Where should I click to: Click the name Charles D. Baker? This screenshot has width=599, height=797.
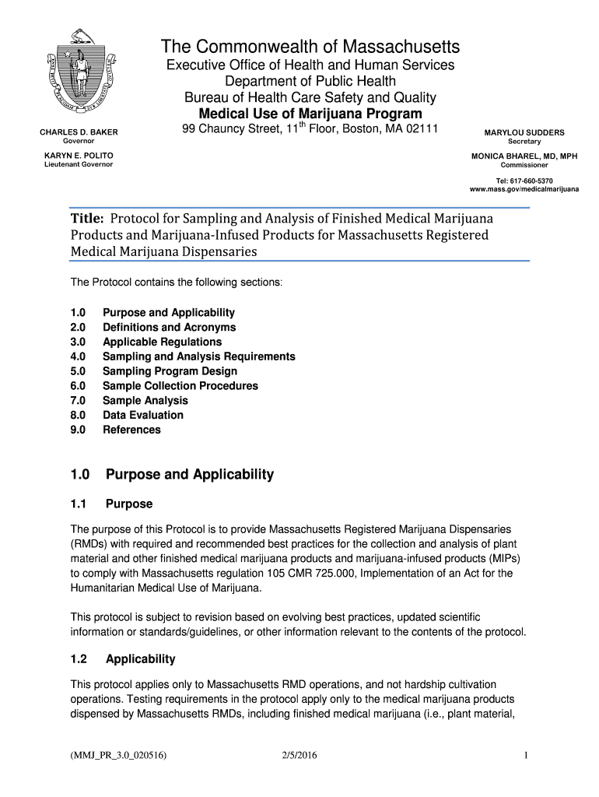[x=79, y=132]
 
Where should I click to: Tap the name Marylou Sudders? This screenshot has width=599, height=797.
[x=524, y=132]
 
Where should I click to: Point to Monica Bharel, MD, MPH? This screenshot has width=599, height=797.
[x=524, y=156]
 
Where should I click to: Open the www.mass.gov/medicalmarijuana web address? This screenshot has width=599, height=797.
[x=524, y=190]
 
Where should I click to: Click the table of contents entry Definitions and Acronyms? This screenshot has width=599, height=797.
[x=169, y=328]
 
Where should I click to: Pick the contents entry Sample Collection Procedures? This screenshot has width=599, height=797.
[x=180, y=386]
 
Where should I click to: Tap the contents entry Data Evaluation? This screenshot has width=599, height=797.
[x=143, y=415]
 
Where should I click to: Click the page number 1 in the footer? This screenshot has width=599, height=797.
[x=527, y=754]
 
